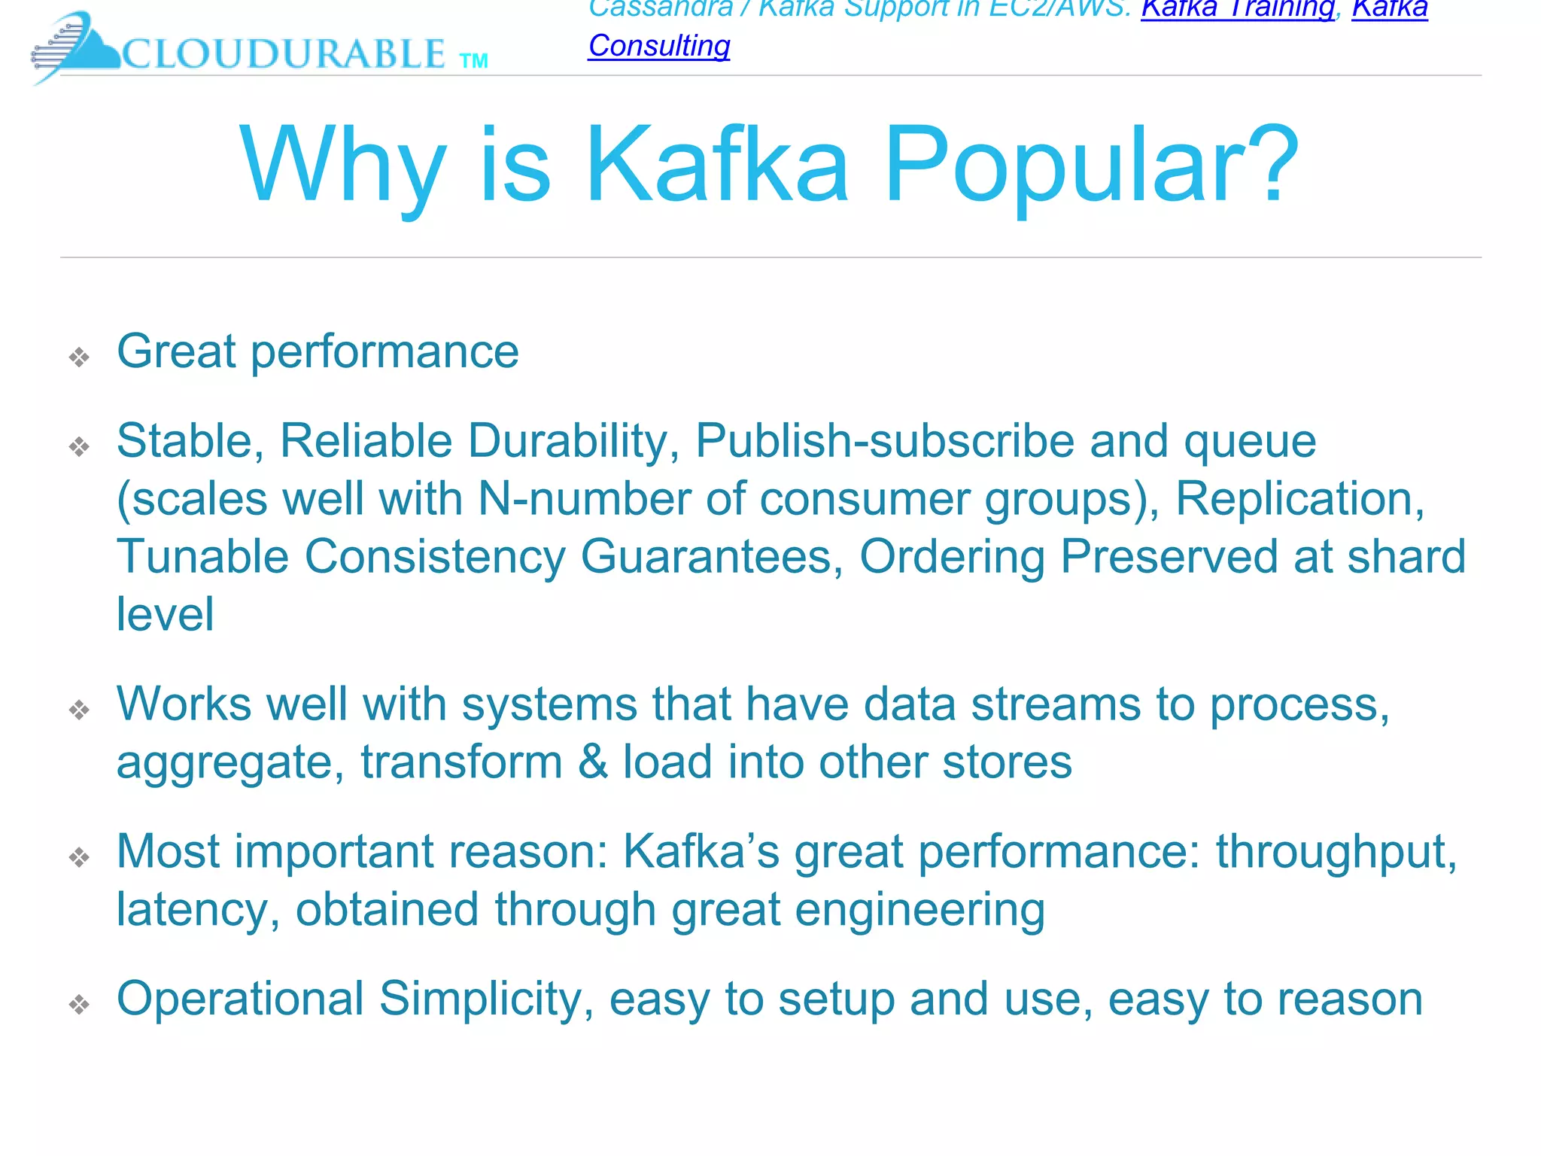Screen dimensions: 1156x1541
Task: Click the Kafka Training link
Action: pyautogui.click(x=1237, y=9)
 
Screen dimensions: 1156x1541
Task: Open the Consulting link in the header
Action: pyautogui.click(x=659, y=46)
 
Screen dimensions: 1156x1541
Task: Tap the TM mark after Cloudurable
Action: pyautogui.click(x=474, y=61)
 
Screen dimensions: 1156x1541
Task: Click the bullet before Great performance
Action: pyautogui.click(x=79, y=357)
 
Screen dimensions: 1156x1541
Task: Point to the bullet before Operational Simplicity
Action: pyautogui.click(x=79, y=1004)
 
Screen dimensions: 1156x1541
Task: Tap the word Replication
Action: pyautogui.click(x=1299, y=499)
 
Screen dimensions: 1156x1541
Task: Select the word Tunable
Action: pyautogui.click(x=202, y=557)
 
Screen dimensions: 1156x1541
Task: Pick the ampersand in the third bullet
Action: pyautogui.click(x=593, y=762)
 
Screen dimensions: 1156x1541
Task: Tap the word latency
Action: pyautogui.click(x=198, y=910)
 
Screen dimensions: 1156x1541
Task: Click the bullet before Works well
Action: pyautogui.click(x=79, y=710)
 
